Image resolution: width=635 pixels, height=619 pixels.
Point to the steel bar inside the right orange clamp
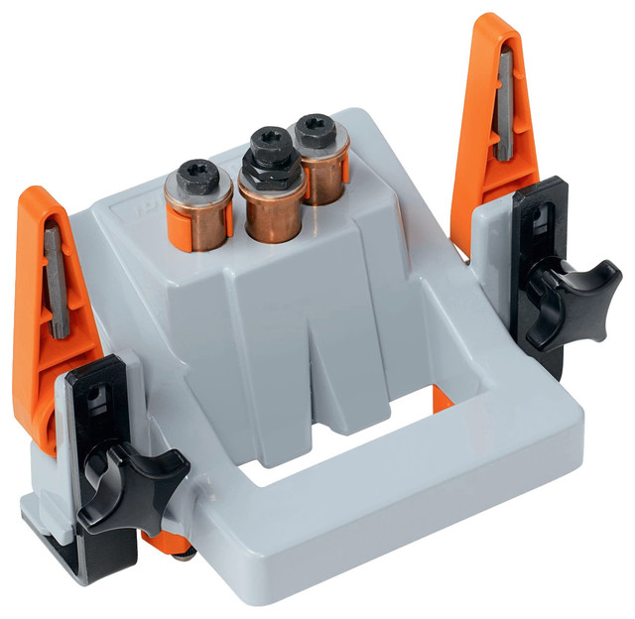pyautogui.click(x=505, y=109)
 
